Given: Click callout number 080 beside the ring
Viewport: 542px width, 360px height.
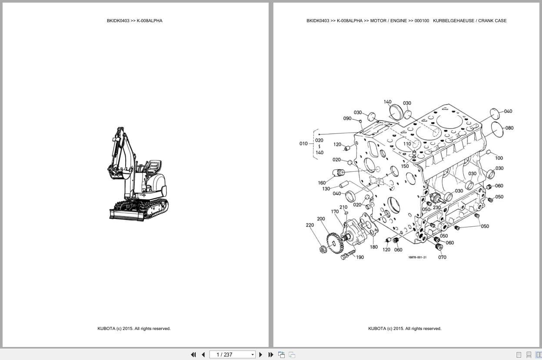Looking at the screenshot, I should [x=509, y=128].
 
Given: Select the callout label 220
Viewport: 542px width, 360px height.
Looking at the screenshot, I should [x=309, y=225].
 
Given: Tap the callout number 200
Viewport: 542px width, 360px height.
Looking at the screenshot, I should [x=321, y=219].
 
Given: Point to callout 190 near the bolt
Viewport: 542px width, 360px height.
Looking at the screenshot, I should [x=360, y=257].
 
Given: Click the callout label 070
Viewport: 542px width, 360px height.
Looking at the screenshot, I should [x=442, y=257].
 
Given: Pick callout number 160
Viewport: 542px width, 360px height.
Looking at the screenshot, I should [x=322, y=183].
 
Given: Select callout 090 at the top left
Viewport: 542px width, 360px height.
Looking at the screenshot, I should [x=347, y=119].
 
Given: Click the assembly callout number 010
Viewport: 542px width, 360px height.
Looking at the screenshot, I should [x=303, y=143].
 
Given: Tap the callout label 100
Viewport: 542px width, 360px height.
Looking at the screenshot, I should [x=499, y=158].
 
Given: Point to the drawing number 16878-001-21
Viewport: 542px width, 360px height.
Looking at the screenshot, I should [x=417, y=257].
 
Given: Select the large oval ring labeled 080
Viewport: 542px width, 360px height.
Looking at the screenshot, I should [x=496, y=130].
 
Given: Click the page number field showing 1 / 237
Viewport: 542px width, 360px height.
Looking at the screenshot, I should [x=233, y=355].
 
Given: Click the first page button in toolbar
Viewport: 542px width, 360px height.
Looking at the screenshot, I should [x=193, y=355].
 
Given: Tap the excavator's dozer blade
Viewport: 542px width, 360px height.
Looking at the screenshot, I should [x=126, y=214].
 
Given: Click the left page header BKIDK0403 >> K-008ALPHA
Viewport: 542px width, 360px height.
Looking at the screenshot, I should [x=134, y=21].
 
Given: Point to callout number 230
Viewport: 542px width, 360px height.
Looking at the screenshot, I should [x=436, y=208].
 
